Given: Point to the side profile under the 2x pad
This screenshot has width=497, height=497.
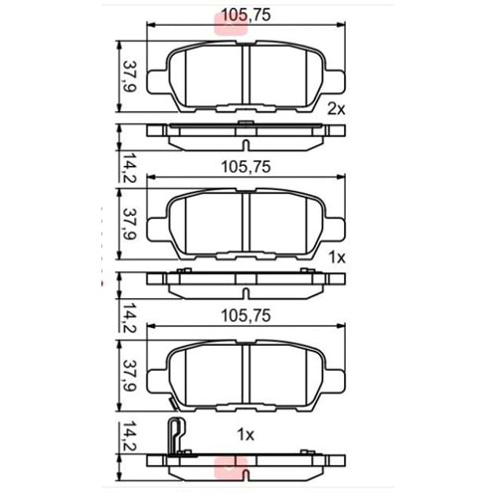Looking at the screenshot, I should tap(247, 131).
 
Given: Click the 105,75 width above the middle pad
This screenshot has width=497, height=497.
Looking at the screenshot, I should tap(247, 167).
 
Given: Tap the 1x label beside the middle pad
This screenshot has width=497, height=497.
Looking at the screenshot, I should tap(335, 256).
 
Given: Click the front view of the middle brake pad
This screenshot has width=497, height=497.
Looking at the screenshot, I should tap(247, 225).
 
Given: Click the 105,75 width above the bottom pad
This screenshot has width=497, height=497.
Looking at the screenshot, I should tap(247, 317).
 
